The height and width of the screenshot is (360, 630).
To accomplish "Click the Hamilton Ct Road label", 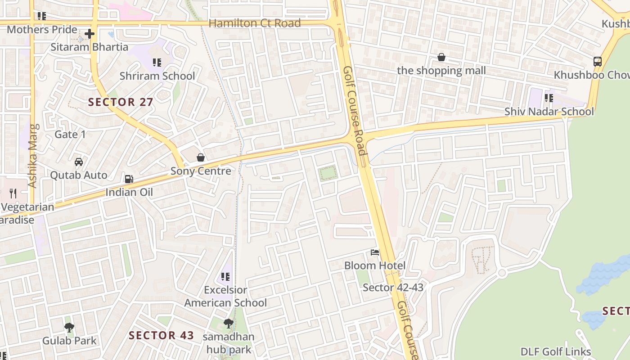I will point(255,23).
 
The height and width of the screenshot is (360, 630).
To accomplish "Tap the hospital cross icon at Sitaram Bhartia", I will point(89,34).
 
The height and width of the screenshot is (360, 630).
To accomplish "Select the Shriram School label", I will point(157,76).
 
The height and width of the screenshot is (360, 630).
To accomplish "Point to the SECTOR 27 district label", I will point(121,102).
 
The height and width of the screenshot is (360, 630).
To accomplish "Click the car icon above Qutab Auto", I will point(79,162).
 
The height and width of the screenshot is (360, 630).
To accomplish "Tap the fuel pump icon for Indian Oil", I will point(129,179).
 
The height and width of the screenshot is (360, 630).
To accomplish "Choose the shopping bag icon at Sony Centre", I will point(201,157).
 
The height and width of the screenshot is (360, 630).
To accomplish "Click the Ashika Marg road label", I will point(32,155).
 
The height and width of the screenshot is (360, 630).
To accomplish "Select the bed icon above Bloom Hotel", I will point(375,252).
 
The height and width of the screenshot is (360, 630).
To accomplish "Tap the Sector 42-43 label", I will point(393,287).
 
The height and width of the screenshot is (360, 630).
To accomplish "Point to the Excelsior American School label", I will point(225,296).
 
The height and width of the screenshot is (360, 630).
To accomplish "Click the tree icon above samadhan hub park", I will point(229,323).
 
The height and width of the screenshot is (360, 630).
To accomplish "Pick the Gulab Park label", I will point(69,341).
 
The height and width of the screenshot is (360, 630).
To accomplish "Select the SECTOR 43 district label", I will point(161,335).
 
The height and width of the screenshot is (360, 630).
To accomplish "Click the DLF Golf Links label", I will point(556,351).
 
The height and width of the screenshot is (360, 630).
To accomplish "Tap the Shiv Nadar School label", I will point(549,111).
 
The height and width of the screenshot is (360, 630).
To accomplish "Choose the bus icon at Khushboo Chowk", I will point(598,62).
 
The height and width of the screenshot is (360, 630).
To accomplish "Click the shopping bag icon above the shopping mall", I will point(441,58).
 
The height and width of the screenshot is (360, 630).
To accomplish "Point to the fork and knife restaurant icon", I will point(13,193).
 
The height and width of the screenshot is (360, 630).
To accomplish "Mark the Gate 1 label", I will point(70,134).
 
